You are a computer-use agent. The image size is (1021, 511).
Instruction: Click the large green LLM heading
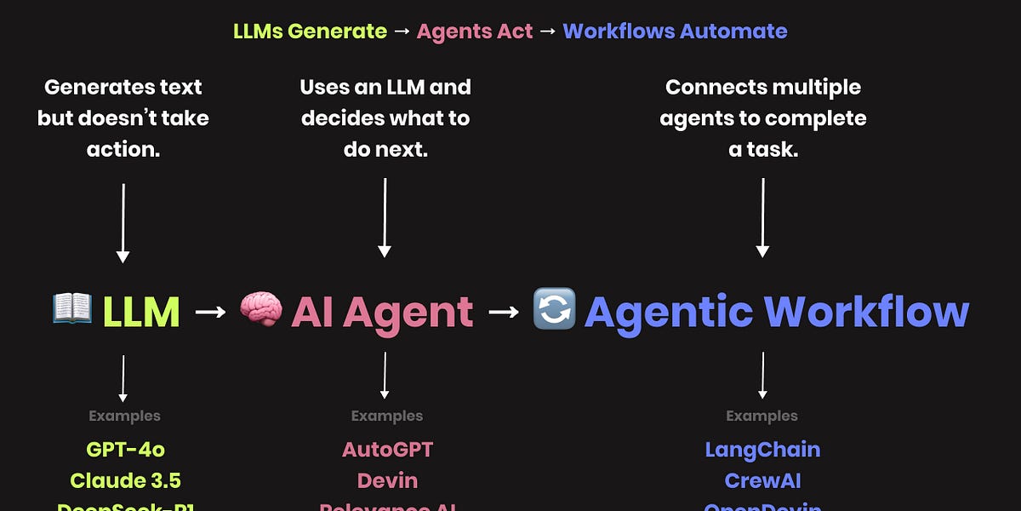[141, 312]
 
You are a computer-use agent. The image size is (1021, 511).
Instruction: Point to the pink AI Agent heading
[382, 312]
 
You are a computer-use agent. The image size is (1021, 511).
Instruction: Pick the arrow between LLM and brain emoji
[210, 312]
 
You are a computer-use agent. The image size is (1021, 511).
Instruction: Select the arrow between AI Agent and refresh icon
[503, 312]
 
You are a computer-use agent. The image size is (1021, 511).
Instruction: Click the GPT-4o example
[124, 449]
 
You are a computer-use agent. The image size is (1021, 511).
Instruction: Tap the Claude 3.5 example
[125, 479]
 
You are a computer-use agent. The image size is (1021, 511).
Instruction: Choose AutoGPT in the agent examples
[387, 449]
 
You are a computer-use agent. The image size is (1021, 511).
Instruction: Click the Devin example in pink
[387, 479]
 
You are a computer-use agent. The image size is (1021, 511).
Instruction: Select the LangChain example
[762, 449]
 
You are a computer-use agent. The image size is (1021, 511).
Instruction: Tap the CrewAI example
[762, 479]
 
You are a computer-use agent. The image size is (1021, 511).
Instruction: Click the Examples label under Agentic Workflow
[761, 416]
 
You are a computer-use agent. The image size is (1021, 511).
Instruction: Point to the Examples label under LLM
[124, 416]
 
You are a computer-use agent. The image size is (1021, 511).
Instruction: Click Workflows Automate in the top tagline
[675, 32]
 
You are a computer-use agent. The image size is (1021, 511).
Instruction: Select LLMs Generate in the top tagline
[310, 32]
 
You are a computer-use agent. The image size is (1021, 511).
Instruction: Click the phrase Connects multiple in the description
[763, 87]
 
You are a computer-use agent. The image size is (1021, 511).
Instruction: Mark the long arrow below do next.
[385, 217]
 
